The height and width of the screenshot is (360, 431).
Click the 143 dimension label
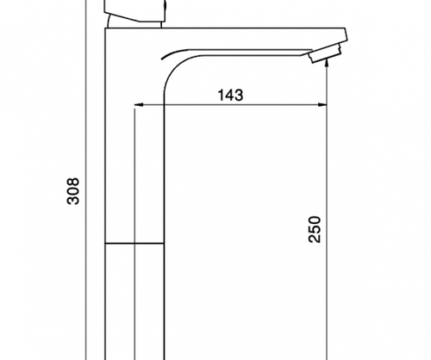pos(230,95)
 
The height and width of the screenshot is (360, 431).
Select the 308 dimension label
pos(73,191)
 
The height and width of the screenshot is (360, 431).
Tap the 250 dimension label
pos(314,230)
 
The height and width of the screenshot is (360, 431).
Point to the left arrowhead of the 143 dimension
pos(139,105)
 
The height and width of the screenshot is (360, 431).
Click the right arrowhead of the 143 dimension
pos(322,105)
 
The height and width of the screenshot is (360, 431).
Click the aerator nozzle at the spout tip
pos(325,53)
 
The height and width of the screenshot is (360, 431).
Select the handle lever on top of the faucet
pos(135,11)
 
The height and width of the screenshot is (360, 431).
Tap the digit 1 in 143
pos(222,95)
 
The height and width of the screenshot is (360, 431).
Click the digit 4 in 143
pos(230,95)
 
